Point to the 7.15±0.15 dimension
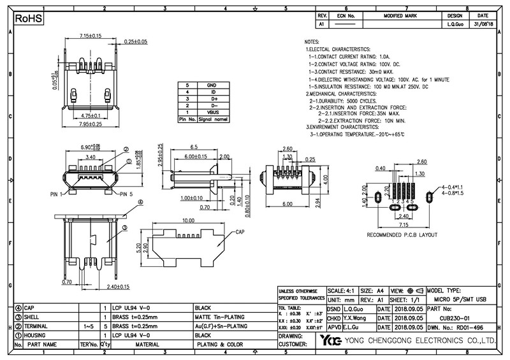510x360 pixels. pyautogui.click(x=91, y=36)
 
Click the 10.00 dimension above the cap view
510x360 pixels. pyautogui.click(x=188, y=220)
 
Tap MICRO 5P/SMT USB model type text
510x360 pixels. pyautogui.click(x=460, y=298)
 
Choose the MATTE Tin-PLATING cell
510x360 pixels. pyautogui.click(x=220, y=316)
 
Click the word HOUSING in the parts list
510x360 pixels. pyautogui.click(x=41, y=335)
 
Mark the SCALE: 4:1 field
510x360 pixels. pyautogui.click(x=343, y=289)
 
